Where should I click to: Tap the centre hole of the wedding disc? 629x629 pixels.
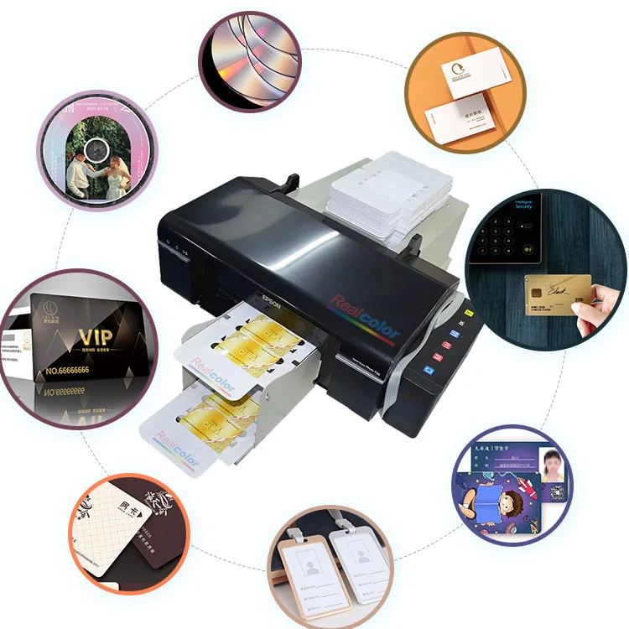[95, 155]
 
